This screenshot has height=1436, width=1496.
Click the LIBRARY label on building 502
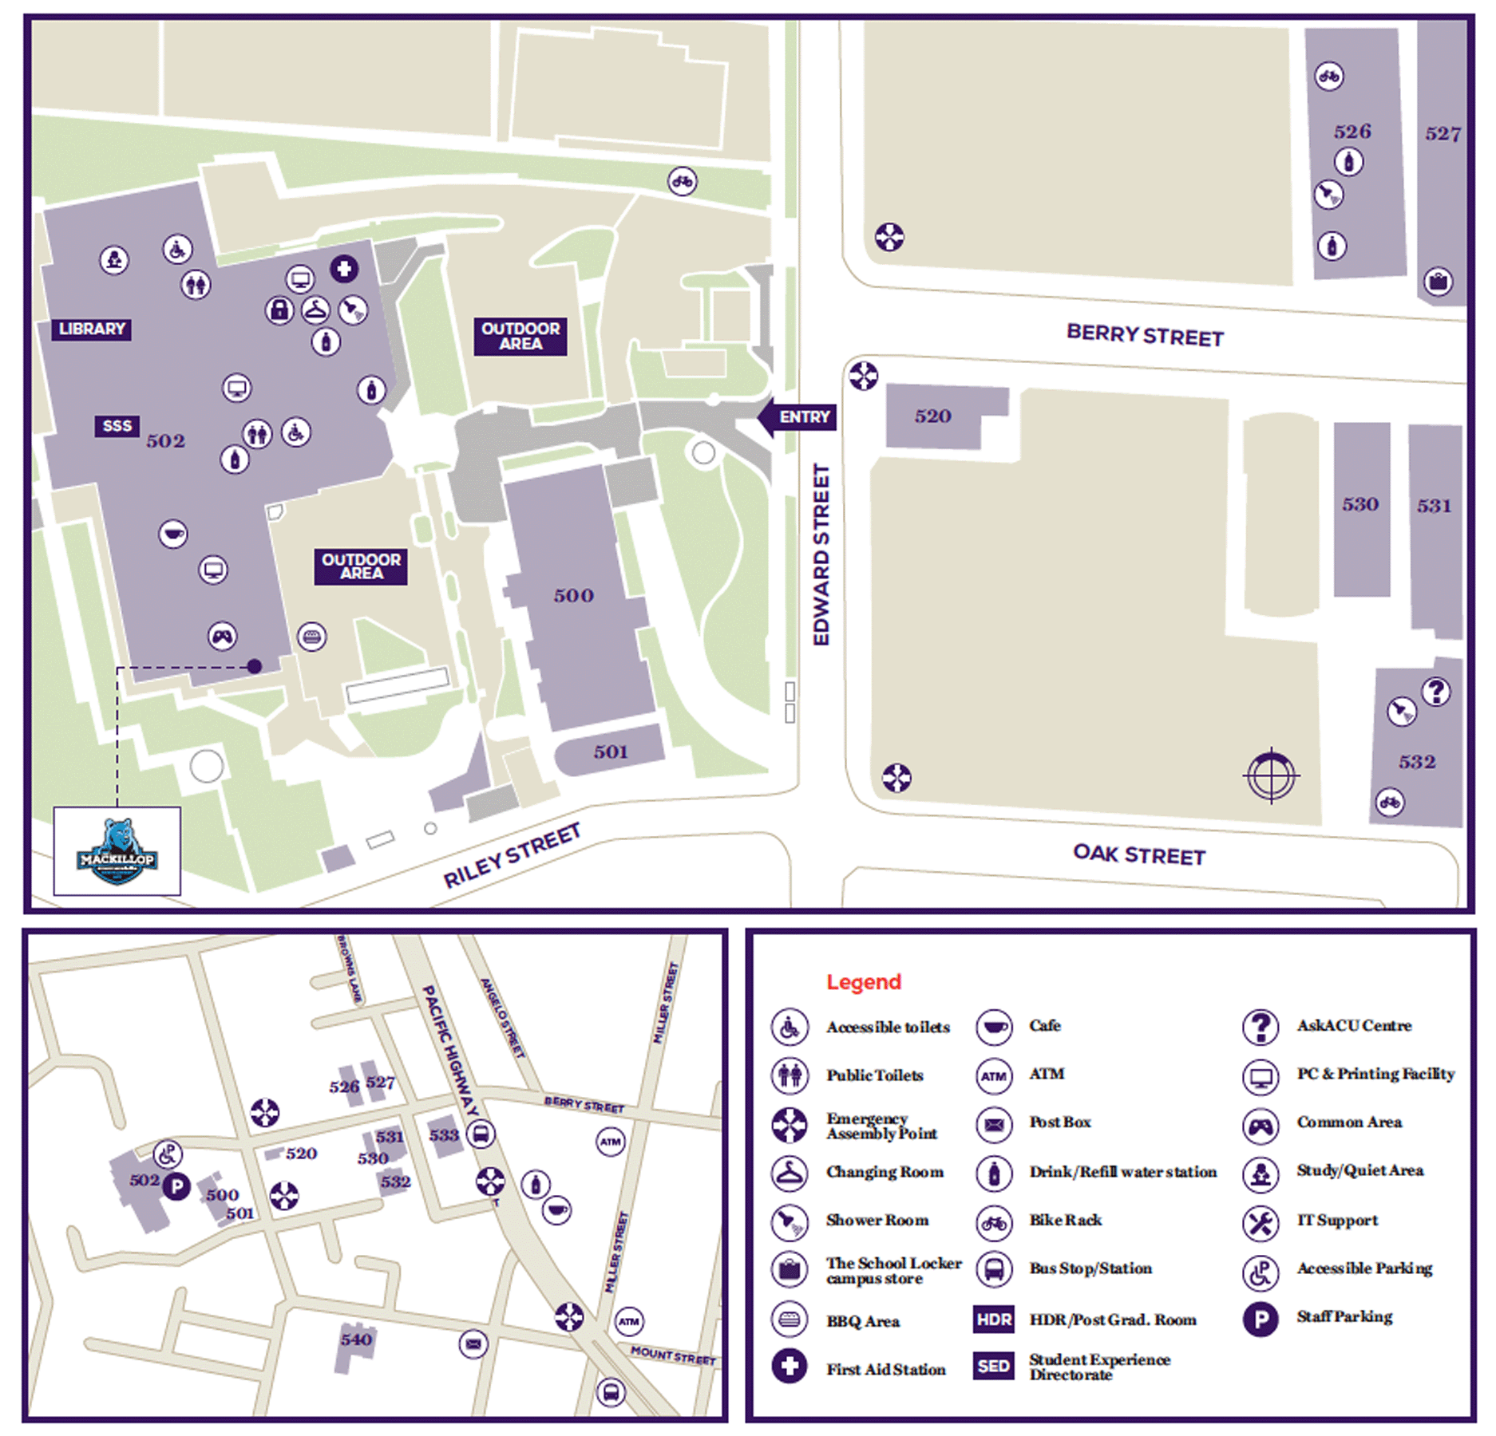[x=92, y=329]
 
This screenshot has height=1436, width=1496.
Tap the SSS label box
[x=117, y=426]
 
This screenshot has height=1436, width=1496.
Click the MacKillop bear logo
[x=117, y=851]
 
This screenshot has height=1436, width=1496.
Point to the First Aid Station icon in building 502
[x=344, y=269]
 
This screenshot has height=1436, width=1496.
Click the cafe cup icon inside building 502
[x=172, y=533]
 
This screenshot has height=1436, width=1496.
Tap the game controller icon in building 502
[x=222, y=636]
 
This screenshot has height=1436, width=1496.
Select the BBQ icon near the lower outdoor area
[x=311, y=636]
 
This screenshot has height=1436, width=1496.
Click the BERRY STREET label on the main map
[x=1144, y=335]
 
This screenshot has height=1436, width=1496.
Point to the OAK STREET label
[x=1138, y=854]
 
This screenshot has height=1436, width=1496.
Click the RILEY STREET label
[x=511, y=855]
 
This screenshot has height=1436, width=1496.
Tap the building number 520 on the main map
[x=932, y=416]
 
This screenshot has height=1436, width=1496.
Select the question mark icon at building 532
[x=1435, y=691]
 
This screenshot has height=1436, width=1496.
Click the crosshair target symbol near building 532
[x=1271, y=775]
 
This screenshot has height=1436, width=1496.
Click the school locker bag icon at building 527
[x=1438, y=281]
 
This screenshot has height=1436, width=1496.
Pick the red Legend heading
[x=863, y=981]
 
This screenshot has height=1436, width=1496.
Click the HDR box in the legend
[x=993, y=1320]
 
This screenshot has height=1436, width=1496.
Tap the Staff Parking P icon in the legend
[x=1260, y=1320]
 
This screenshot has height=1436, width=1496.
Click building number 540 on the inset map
[x=356, y=1339]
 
